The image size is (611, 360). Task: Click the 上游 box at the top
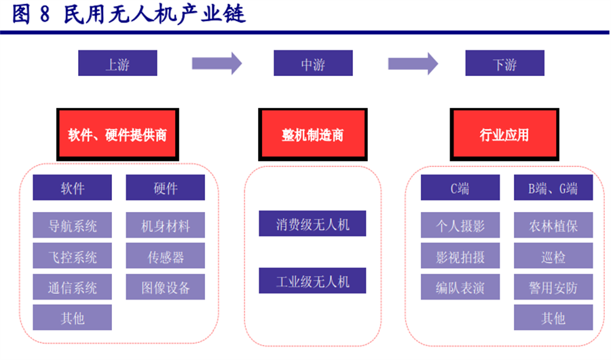click(117, 63)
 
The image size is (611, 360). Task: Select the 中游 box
click(313, 63)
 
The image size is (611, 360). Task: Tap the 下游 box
click(504, 63)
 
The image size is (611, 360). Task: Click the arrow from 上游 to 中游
click(217, 63)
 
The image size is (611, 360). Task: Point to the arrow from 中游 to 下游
click(412, 63)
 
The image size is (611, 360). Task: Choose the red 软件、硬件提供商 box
click(117, 134)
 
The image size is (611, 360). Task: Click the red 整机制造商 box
click(313, 134)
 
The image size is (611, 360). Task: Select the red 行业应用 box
click(504, 134)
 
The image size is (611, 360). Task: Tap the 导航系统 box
click(73, 225)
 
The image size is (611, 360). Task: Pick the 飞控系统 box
click(73, 256)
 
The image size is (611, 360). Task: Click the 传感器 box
click(166, 256)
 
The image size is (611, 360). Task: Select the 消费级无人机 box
click(313, 223)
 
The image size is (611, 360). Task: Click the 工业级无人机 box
click(313, 281)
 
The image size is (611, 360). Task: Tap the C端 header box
click(460, 188)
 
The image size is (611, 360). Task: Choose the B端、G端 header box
click(553, 188)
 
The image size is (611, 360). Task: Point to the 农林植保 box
click(553, 225)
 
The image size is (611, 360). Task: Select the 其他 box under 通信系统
click(73, 317)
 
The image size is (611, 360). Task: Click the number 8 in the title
click(45, 15)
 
